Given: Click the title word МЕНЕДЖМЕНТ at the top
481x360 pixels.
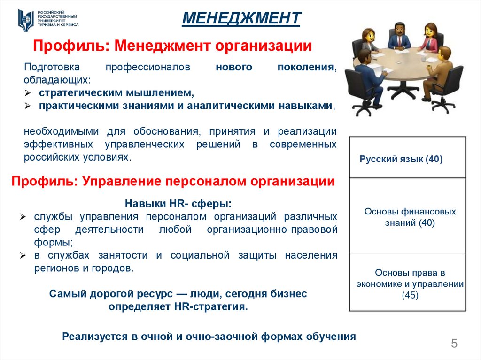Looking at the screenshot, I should click(241, 18).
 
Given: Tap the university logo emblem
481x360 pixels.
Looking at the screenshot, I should click(25, 20).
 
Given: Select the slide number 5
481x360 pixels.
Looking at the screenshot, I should click(454, 344).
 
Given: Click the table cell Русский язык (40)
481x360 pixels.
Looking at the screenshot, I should click(401, 160).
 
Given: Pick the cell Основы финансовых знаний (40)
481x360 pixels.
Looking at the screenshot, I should click(410, 217).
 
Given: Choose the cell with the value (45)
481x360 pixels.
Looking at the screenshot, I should click(410, 296).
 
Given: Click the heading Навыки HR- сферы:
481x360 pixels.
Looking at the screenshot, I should click(178, 204).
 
